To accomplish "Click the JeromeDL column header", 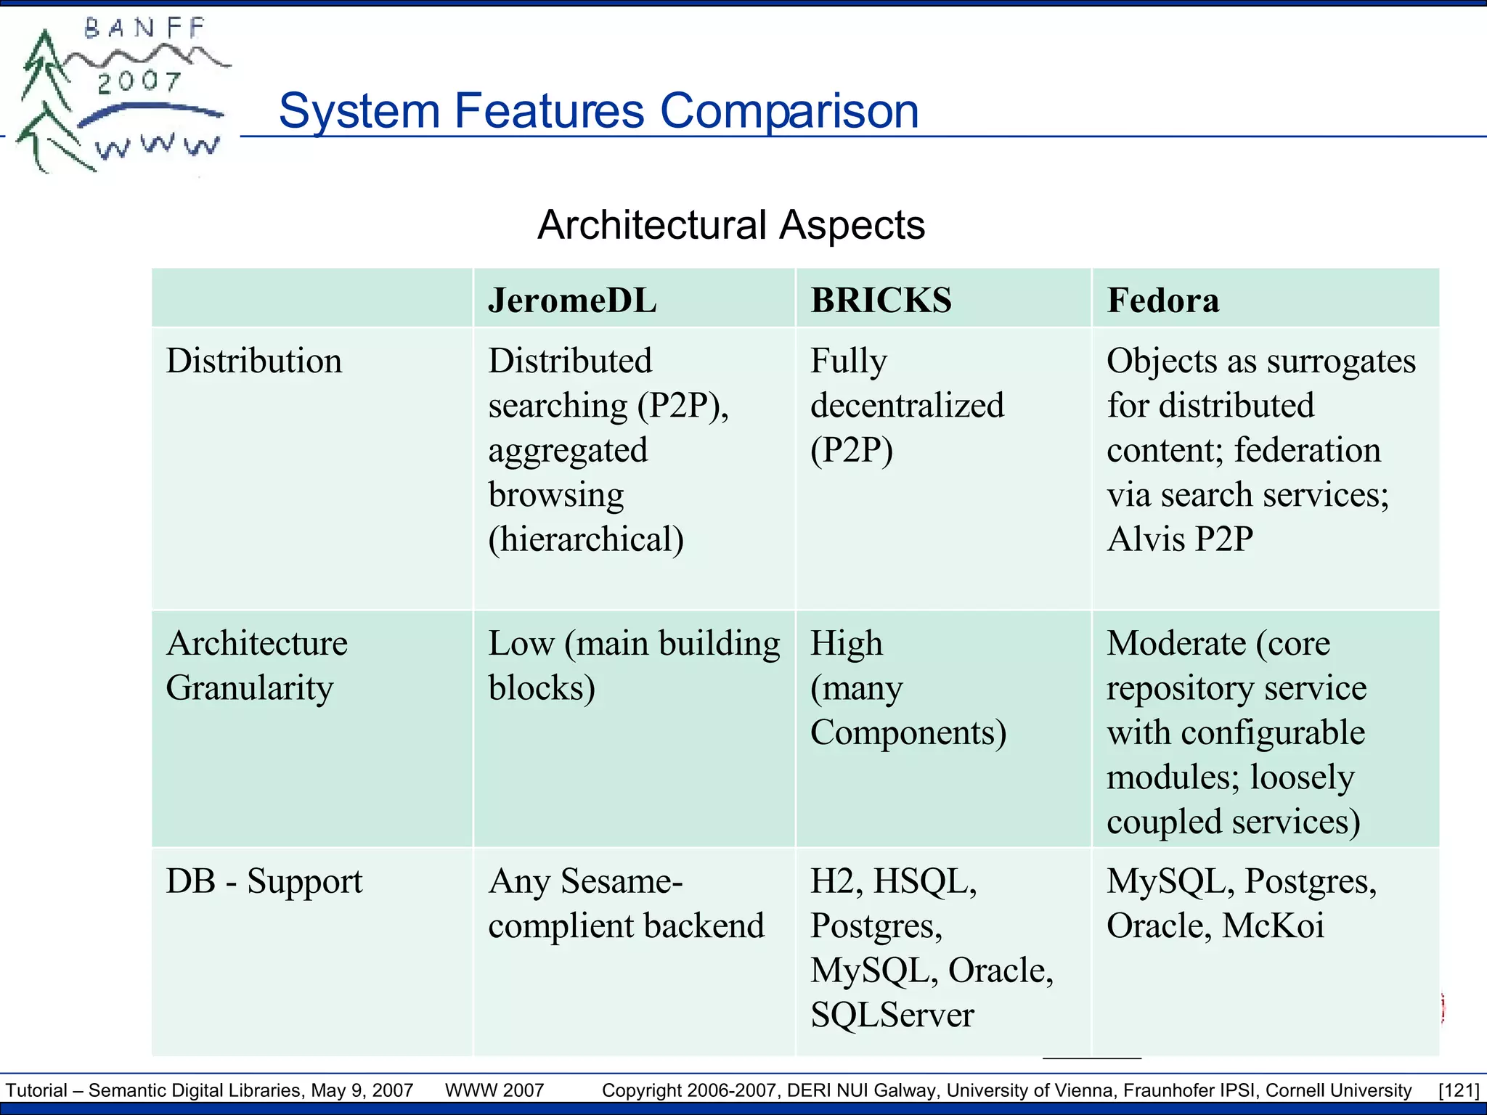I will point(572,301).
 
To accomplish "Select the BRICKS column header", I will point(881,301).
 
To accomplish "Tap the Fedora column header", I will point(1162,301).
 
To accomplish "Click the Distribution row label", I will point(253,361).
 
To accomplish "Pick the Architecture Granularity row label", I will point(256,665).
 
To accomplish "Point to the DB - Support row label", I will point(264,881).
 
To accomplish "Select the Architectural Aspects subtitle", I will point(730,225).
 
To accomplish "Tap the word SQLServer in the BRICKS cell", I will point(892,1015).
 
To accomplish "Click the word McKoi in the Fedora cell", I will point(1273,926).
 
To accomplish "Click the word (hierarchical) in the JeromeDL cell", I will point(586,539).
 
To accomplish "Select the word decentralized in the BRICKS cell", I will point(907,406).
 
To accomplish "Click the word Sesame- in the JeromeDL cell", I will point(622,881).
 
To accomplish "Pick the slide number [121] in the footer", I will point(1458,1090).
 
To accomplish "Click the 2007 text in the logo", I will point(139,81).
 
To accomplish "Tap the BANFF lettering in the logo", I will point(145,28).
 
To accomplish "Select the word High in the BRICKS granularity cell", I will point(846,643).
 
